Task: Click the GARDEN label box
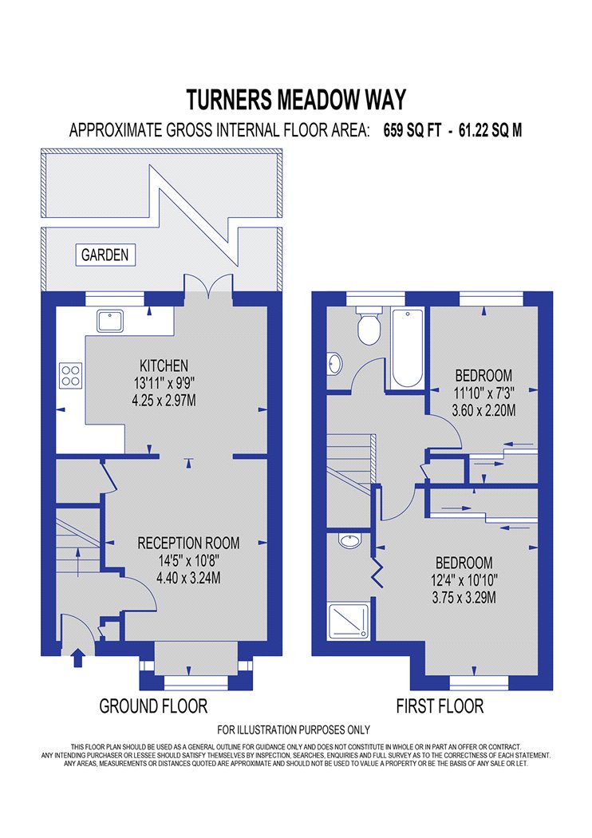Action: [105, 255]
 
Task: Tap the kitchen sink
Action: [110, 321]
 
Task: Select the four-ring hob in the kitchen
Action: [71, 374]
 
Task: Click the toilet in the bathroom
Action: [369, 325]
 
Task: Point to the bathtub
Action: [407, 348]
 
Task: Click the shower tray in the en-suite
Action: [349, 620]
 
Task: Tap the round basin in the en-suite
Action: [349, 541]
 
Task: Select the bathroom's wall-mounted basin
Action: [334, 364]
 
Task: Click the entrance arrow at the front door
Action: [78, 658]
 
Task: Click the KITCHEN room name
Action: [164, 366]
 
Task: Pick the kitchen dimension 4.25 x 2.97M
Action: [164, 400]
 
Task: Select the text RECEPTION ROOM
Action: [188, 544]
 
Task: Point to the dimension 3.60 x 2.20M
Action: [483, 410]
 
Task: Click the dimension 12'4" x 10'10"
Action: [464, 580]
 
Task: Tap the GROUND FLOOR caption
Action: [153, 706]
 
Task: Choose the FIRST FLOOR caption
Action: [440, 706]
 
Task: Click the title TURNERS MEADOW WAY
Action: [296, 100]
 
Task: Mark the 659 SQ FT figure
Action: [412, 130]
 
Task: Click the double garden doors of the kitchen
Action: [209, 284]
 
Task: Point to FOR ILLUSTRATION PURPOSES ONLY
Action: [294, 729]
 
